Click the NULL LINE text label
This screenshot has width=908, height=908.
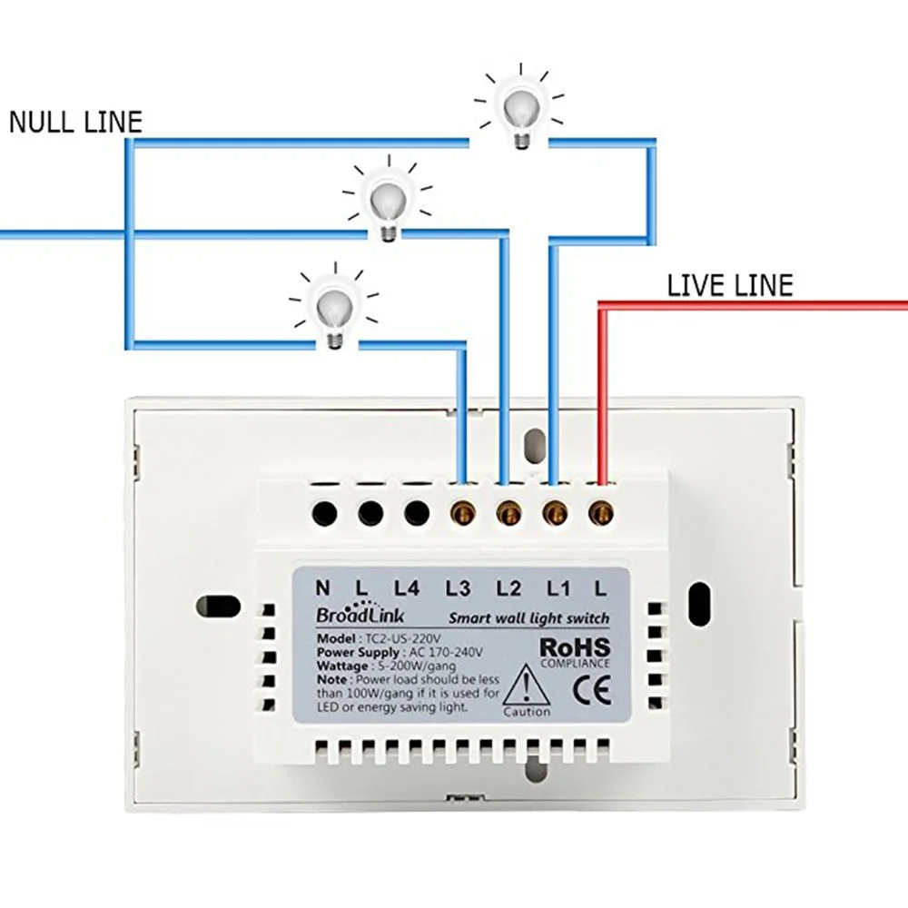pos(76,123)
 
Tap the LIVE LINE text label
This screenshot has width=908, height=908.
pos(730,286)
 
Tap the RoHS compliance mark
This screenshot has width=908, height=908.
pos(574,647)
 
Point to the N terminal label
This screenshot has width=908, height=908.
pos(323,589)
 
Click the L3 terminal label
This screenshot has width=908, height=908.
pos(459,589)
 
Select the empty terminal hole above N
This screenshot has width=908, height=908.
pos(324,515)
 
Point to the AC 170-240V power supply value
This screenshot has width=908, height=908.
pos(447,652)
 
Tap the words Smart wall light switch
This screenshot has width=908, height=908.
pos(528,618)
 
